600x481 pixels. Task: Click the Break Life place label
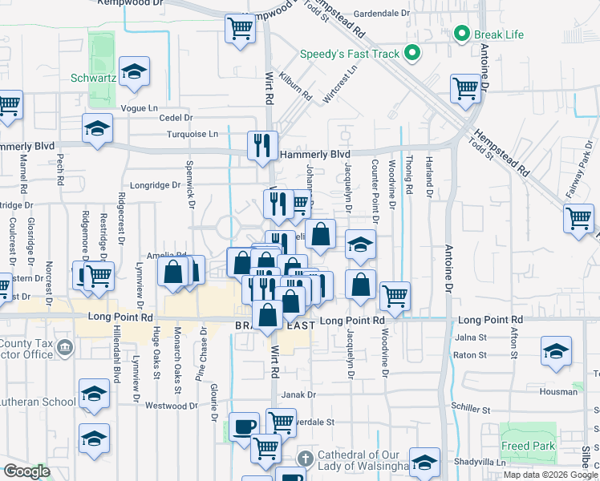pyautogui.click(x=500, y=34)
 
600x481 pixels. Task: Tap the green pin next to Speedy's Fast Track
pyautogui.click(x=412, y=54)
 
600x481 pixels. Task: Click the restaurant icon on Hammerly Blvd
pyautogui.click(x=261, y=145)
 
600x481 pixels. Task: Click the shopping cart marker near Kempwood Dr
pyautogui.click(x=240, y=28)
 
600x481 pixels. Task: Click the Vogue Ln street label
pyautogui.click(x=140, y=107)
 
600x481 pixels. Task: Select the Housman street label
pyautogui.click(x=557, y=392)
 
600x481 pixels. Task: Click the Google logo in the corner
pyautogui.click(x=26, y=471)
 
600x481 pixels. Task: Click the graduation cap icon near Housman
pyautogui.click(x=556, y=351)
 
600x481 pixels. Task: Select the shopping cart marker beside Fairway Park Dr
pyautogui.click(x=578, y=217)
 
